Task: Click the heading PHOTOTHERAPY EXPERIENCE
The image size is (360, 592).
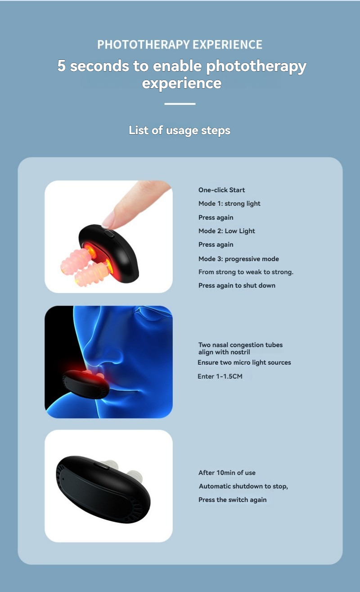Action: tap(180, 45)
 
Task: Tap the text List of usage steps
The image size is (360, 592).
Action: tap(180, 130)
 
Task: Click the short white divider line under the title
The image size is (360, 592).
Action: tap(180, 104)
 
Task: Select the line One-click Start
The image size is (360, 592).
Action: tap(221, 190)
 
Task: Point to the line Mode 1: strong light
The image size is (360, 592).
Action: tap(229, 203)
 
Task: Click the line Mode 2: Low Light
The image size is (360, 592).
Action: tap(227, 231)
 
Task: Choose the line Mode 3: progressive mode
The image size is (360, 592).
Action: tap(238, 259)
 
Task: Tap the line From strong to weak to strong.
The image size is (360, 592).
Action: tap(246, 272)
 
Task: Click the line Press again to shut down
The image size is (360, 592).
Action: tap(237, 285)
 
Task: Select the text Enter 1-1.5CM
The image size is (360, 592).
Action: tap(220, 376)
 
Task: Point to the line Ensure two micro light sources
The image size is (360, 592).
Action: tap(244, 362)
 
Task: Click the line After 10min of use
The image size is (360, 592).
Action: tap(227, 473)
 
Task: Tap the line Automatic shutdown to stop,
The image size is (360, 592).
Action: tap(243, 486)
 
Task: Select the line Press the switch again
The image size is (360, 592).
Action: tap(233, 500)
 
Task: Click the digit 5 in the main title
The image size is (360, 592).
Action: tap(61, 66)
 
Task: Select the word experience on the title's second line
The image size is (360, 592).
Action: tap(182, 83)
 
